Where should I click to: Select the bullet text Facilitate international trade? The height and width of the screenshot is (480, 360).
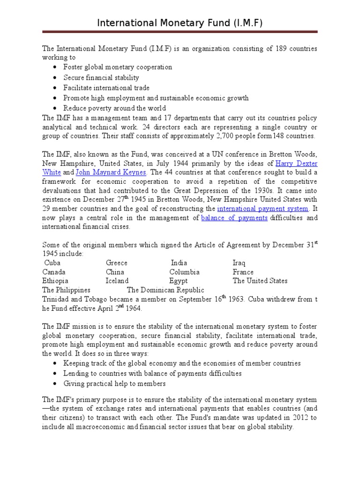(106, 88)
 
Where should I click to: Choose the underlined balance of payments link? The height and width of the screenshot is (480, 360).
(234, 217)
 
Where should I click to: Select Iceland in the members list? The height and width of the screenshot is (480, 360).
(117, 281)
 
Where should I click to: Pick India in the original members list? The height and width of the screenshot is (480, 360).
(179, 263)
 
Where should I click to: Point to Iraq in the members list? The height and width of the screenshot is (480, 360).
(239, 263)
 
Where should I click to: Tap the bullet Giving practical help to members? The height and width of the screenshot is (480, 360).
(114, 383)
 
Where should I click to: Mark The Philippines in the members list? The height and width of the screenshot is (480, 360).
(66, 290)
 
